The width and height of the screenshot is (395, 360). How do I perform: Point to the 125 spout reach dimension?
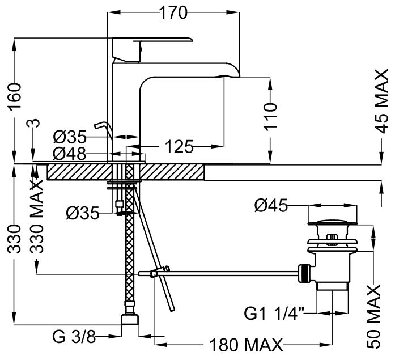point(180,147)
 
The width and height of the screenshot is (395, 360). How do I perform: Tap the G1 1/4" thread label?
point(274,312)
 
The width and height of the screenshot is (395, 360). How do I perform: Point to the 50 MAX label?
point(375,317)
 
